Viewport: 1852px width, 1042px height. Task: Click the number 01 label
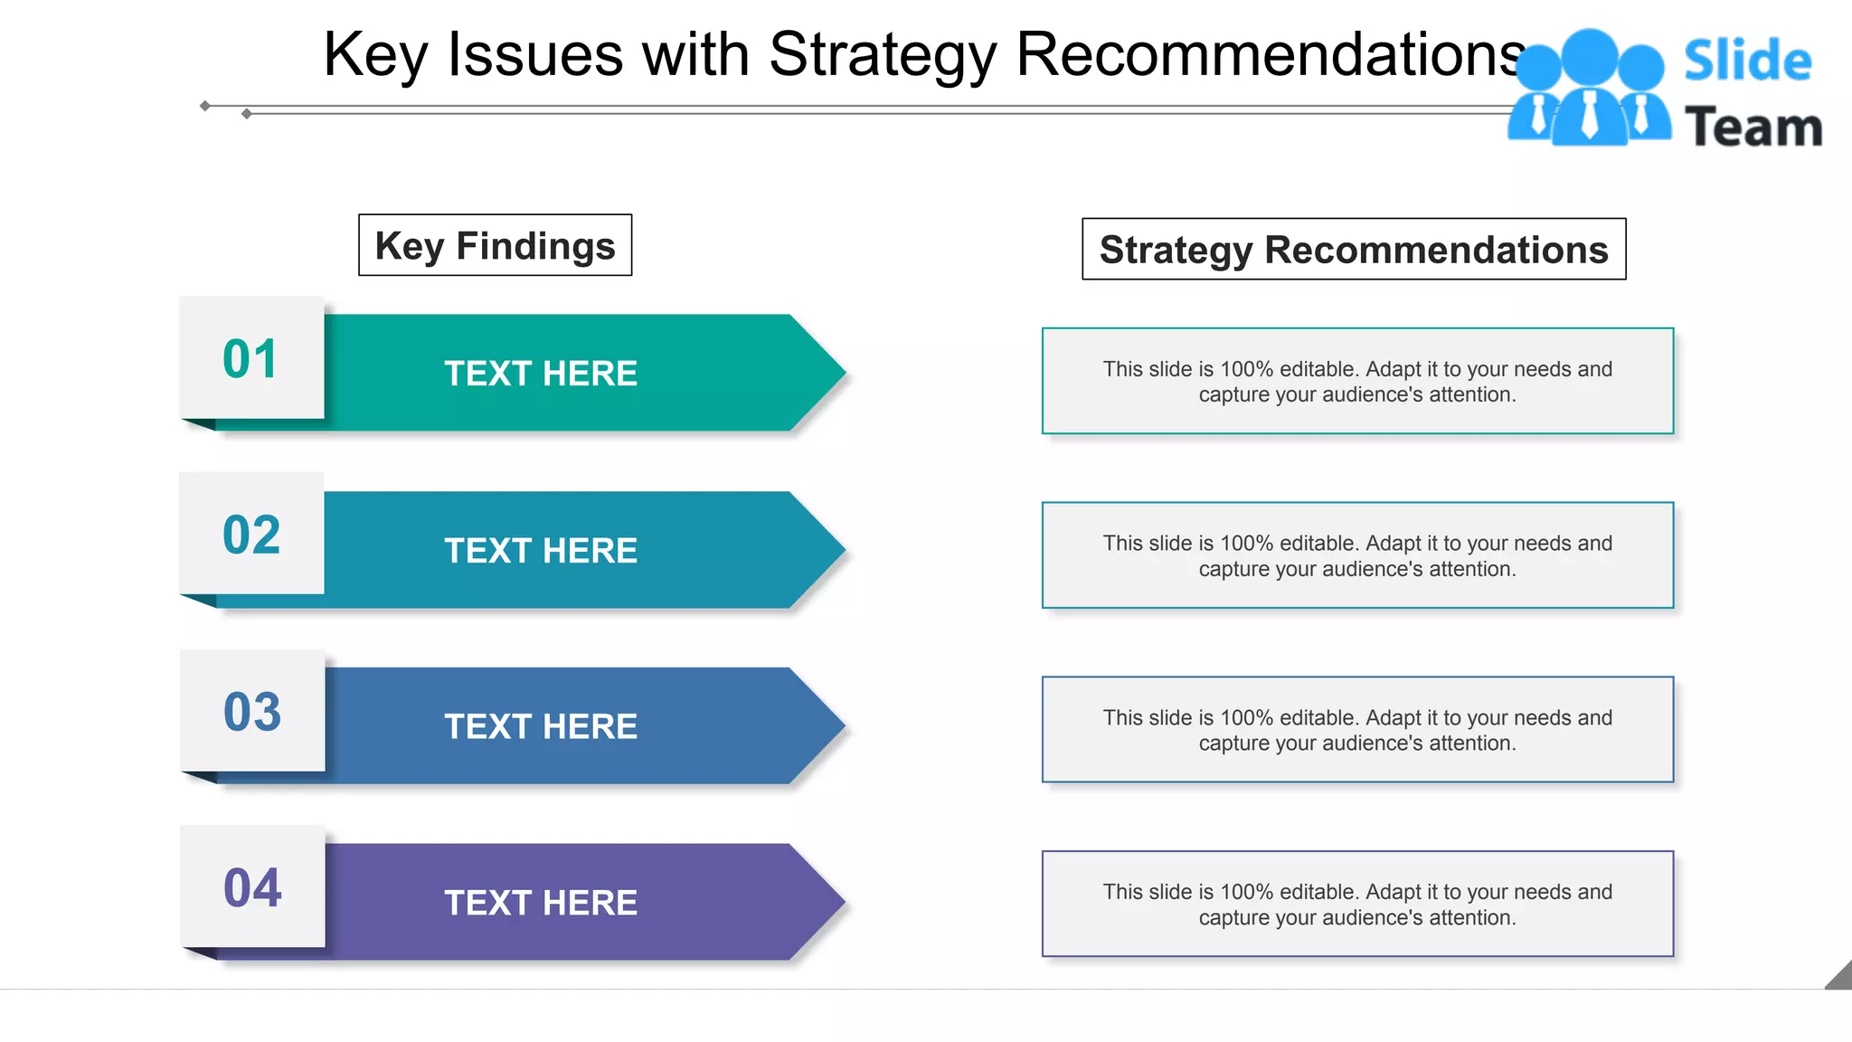pyautogui.click(x=250, y=359)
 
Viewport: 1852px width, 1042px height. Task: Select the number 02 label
pyautogui.click(x=251, y=535)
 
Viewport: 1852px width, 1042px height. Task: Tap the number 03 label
pyautogui.click(x=252, y=712)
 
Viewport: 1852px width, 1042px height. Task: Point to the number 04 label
pyautogui.click(x=252, y=887)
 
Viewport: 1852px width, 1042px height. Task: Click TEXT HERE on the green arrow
pyautogui.click(x=541, y=374)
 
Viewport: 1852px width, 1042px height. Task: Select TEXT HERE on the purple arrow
pyautogui.click(x=541, y=903)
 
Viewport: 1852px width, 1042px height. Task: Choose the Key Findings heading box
pyautogui.click(x=495, y=245)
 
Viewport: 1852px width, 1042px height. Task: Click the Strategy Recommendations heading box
pyautogui.click(x=1354, y=250)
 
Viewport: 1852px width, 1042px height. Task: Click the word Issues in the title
pyautogui.click(x=535, y=54)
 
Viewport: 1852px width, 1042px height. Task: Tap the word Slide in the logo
pyautogui.click(x=1747, y=61)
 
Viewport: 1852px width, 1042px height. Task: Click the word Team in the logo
pyautogui.click(x=1753, y=127)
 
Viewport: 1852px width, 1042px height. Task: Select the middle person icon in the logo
pyautogui.click(x=1589, y=90)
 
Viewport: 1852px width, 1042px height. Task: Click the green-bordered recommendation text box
pyautogui.click(x=1357, y=381)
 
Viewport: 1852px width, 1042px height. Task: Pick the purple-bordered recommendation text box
pyautogui.click(x=1357, y=904)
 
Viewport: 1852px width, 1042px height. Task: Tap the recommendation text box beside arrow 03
pyautogui.click(x=1357, y=730)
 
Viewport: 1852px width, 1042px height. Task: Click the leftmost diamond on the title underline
pyautogui.click(x=205, y=106)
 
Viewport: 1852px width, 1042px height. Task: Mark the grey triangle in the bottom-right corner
pyautogui.click(x=1841, y=978)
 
